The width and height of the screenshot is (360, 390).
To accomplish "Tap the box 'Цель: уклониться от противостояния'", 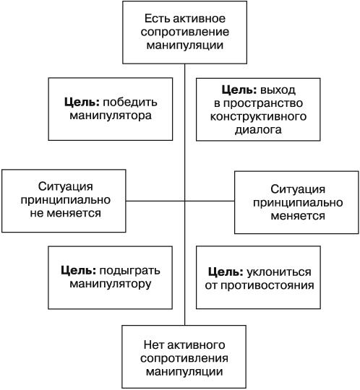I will (260, 278).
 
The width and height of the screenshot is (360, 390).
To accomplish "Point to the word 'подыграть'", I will (133, 270).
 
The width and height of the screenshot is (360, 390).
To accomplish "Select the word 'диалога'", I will (259, 131).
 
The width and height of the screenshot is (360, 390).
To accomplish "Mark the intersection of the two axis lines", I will (185, 200).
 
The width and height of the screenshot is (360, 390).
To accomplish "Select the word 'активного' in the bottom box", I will (195, 344).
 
